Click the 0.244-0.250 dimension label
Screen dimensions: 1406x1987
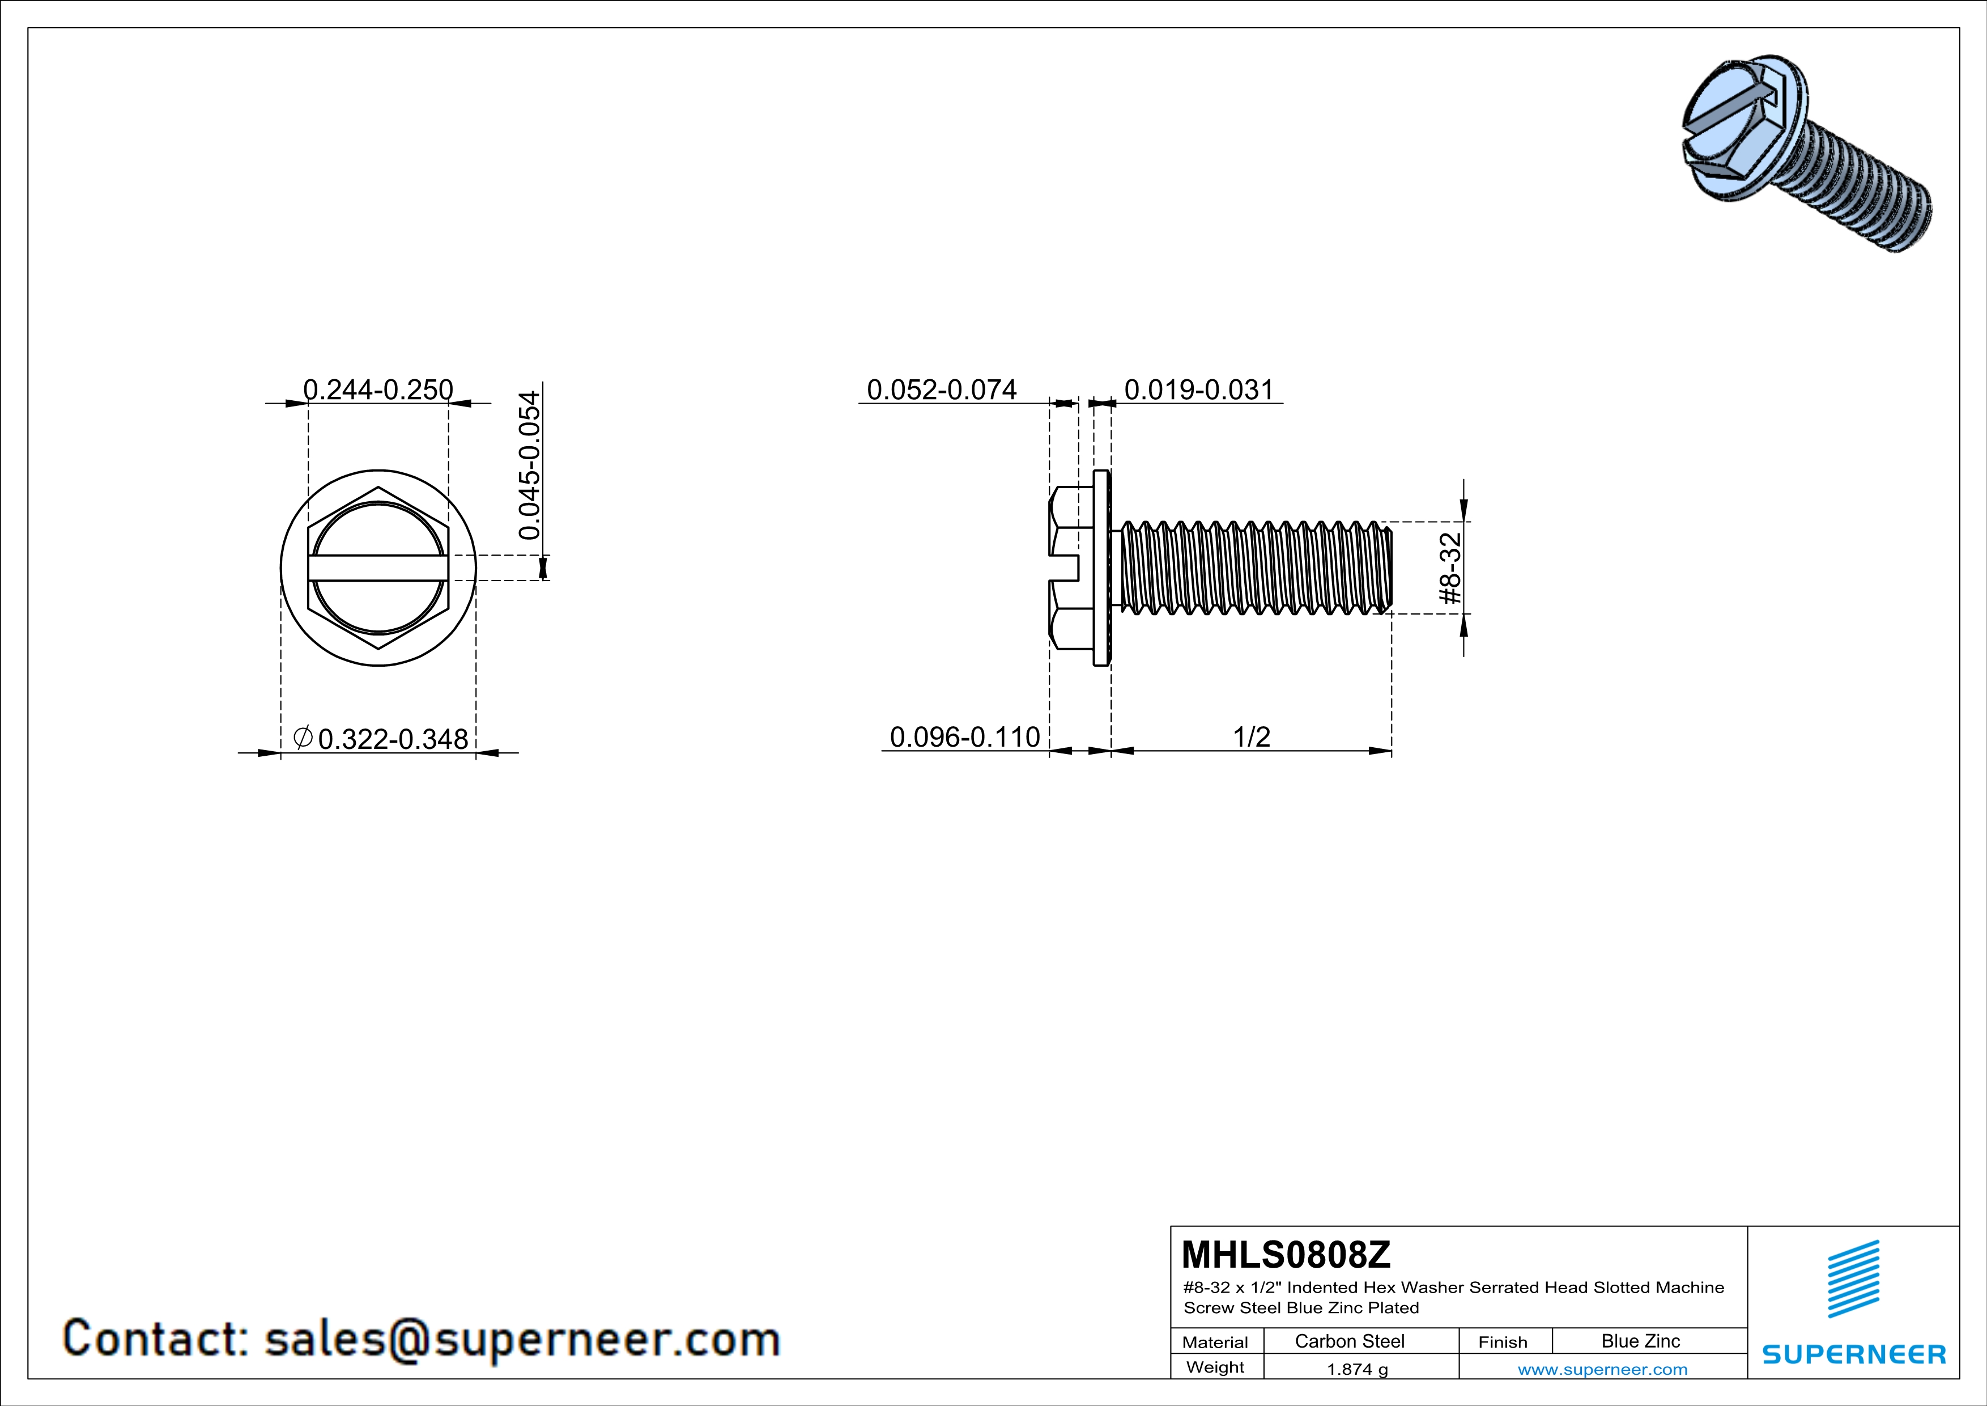coord(377,389)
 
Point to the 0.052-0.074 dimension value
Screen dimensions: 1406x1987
coord(942,389)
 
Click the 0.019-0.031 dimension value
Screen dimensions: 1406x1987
coord(1199,389)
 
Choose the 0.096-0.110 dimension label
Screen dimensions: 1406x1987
coord(964,737)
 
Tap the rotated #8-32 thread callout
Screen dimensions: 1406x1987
coord(1449,568)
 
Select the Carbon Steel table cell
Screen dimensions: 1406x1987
coord(1349,1341)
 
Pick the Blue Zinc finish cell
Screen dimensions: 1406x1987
coord(1640,1341)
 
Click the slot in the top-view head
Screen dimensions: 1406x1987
coord(378,568)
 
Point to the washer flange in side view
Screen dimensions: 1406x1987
coord(1101,568)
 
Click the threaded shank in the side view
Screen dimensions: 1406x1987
coord(1255,568)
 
